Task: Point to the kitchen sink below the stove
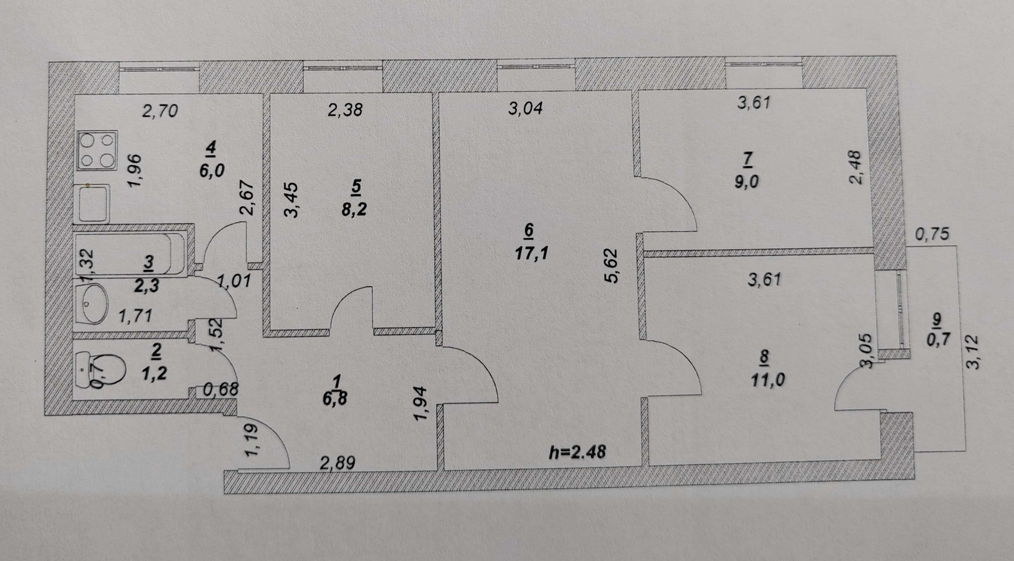coord(94,203)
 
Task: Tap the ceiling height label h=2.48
coord(577,452)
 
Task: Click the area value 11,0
coord(766,379)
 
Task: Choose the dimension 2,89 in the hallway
coord(337,463)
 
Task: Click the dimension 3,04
coord(525,108)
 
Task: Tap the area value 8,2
coord(354,209)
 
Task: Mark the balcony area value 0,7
coord(938,339)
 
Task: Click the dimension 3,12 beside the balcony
coord(972,352)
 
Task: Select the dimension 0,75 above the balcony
coord(932,234)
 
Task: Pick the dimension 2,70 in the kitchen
coord(161,111)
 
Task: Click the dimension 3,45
coord(291,200)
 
